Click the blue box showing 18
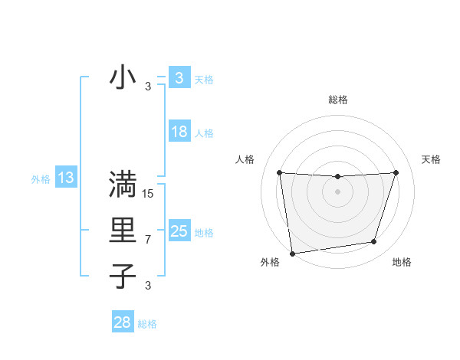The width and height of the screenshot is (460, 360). click(x=179, y=132)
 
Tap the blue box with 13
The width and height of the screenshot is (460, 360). click(x=66, y=178)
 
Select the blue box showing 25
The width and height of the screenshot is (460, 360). click(x=179, y=231)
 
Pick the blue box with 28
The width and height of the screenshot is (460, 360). click(x=122, y=322)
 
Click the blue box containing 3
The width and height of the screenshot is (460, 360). click(x=179, y=77)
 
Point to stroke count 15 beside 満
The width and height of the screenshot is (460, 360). click(x=148, y=194)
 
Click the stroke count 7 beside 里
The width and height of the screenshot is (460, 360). click(x=148, y=240)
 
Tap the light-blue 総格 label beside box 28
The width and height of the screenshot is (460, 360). click(x=147, y=324)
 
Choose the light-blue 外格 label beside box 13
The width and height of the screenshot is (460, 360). click(x=41, y=179)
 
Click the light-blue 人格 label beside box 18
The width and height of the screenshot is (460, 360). click(x=204, y=133)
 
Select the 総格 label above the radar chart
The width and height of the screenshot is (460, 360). click(x=337, y=100)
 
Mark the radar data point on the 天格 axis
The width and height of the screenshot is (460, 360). click(x=396, y=172)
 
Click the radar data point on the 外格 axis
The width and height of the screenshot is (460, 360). click(x=292, y=253)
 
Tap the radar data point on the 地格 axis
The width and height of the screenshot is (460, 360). click(x=374, y=242)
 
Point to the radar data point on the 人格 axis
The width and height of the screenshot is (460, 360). click(x=279, y=172)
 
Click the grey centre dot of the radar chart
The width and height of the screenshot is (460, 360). click(x=337, y=191)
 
